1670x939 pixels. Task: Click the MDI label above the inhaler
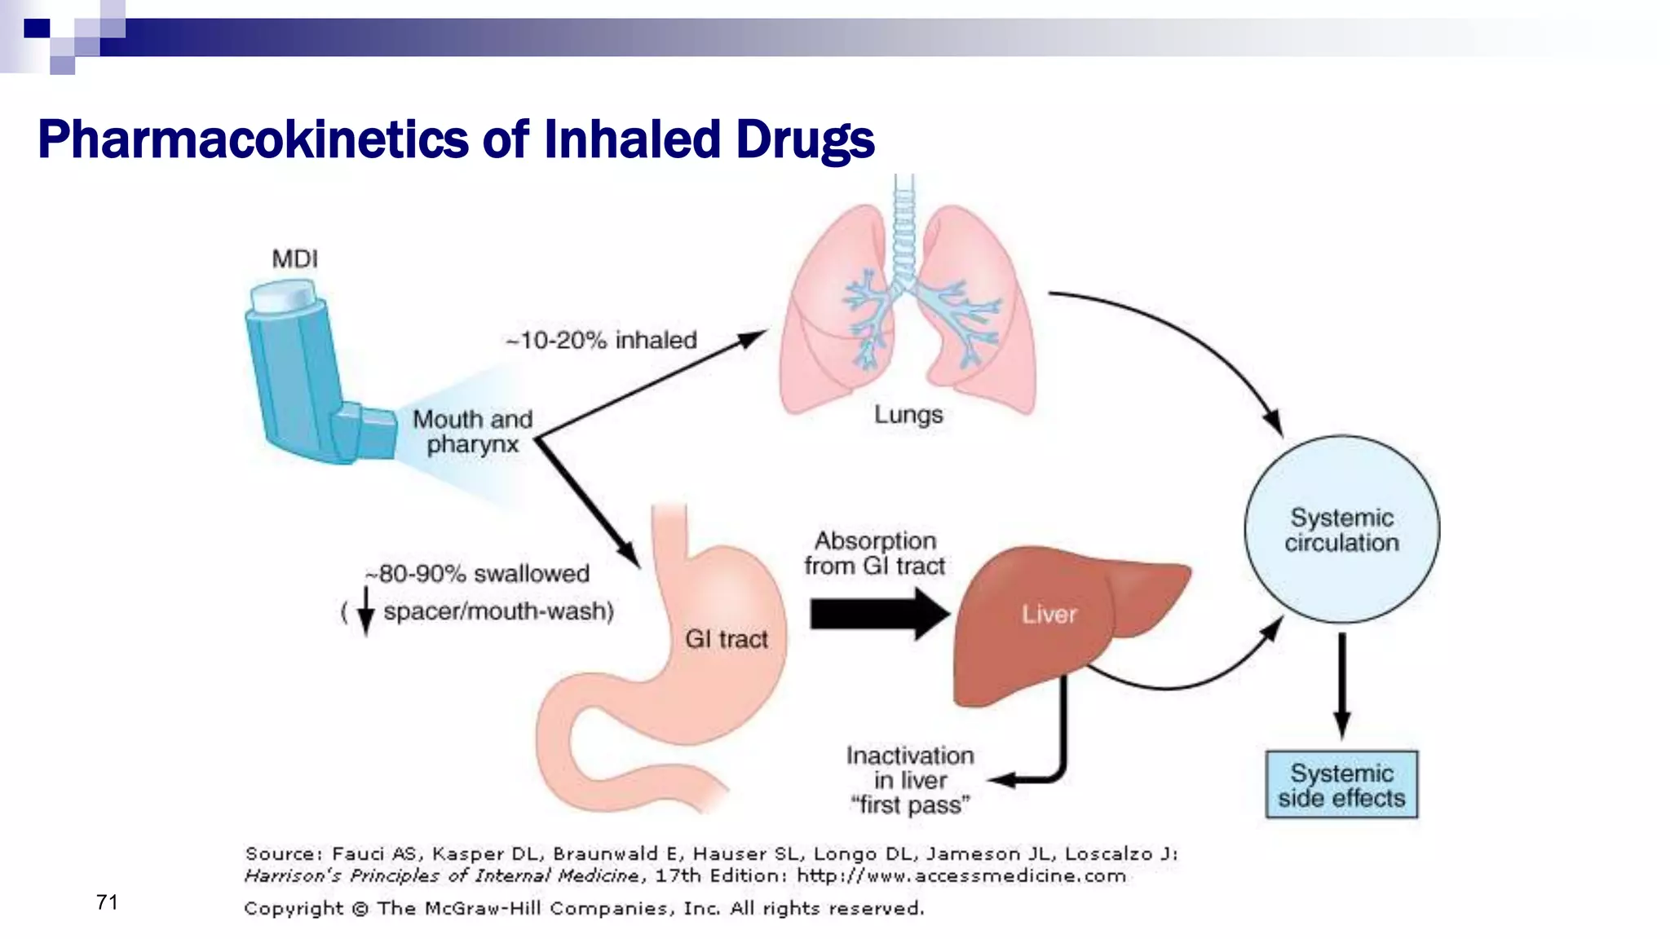pos(294,259)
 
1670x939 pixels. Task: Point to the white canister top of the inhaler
pos(282,296)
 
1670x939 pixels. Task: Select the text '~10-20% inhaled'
pos(602,340)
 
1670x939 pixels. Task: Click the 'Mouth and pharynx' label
pos(472,431)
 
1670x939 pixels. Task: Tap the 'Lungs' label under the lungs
pos(908,415)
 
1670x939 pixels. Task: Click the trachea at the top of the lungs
pos(903,228)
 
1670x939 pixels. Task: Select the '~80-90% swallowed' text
pos(477,574)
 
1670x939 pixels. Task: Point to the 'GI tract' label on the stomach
pos(726,639)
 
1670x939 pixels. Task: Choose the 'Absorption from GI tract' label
pos(875,553)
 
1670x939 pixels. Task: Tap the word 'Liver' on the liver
pos(1049,615)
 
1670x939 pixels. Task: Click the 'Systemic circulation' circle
pos(1341,530)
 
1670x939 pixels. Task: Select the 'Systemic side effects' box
pos(1341,785)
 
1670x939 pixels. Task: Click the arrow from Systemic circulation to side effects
pos(1341,685)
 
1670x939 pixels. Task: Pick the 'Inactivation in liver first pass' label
pos(910,780)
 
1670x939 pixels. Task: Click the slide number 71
pos(107,902)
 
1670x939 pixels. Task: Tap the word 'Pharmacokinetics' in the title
pos(253,139)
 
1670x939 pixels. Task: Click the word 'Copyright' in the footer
pos(294,908)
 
